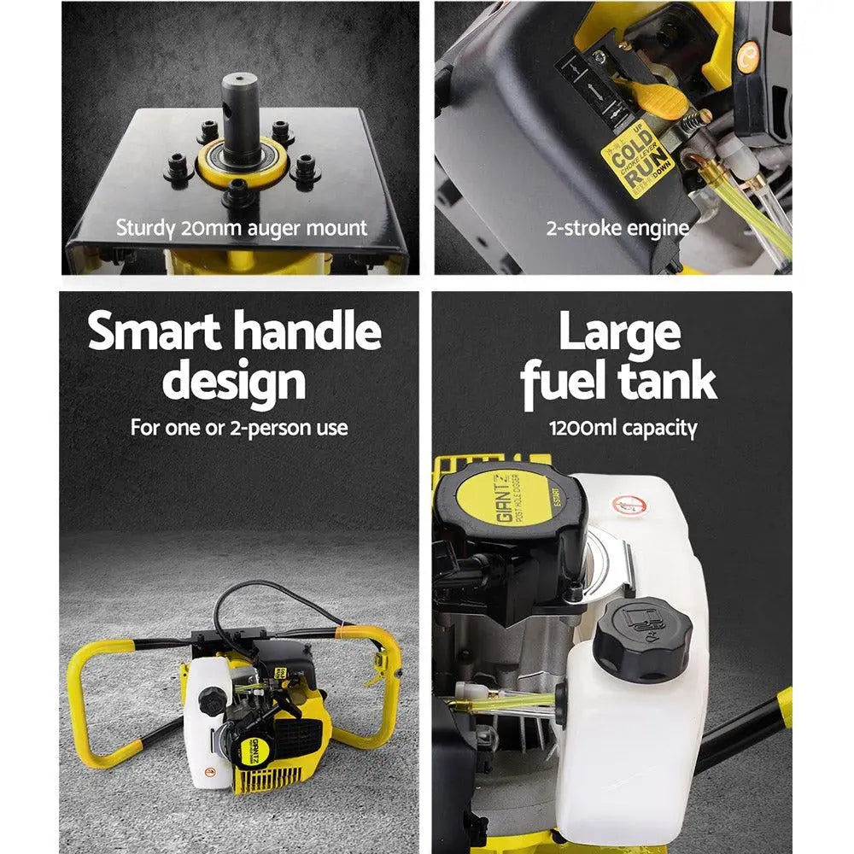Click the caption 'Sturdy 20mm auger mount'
[x=242, y=228]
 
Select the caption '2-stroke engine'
[x=617, y=228]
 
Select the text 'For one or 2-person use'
[x=239, y=427]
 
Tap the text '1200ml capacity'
[x=623, y=427]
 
